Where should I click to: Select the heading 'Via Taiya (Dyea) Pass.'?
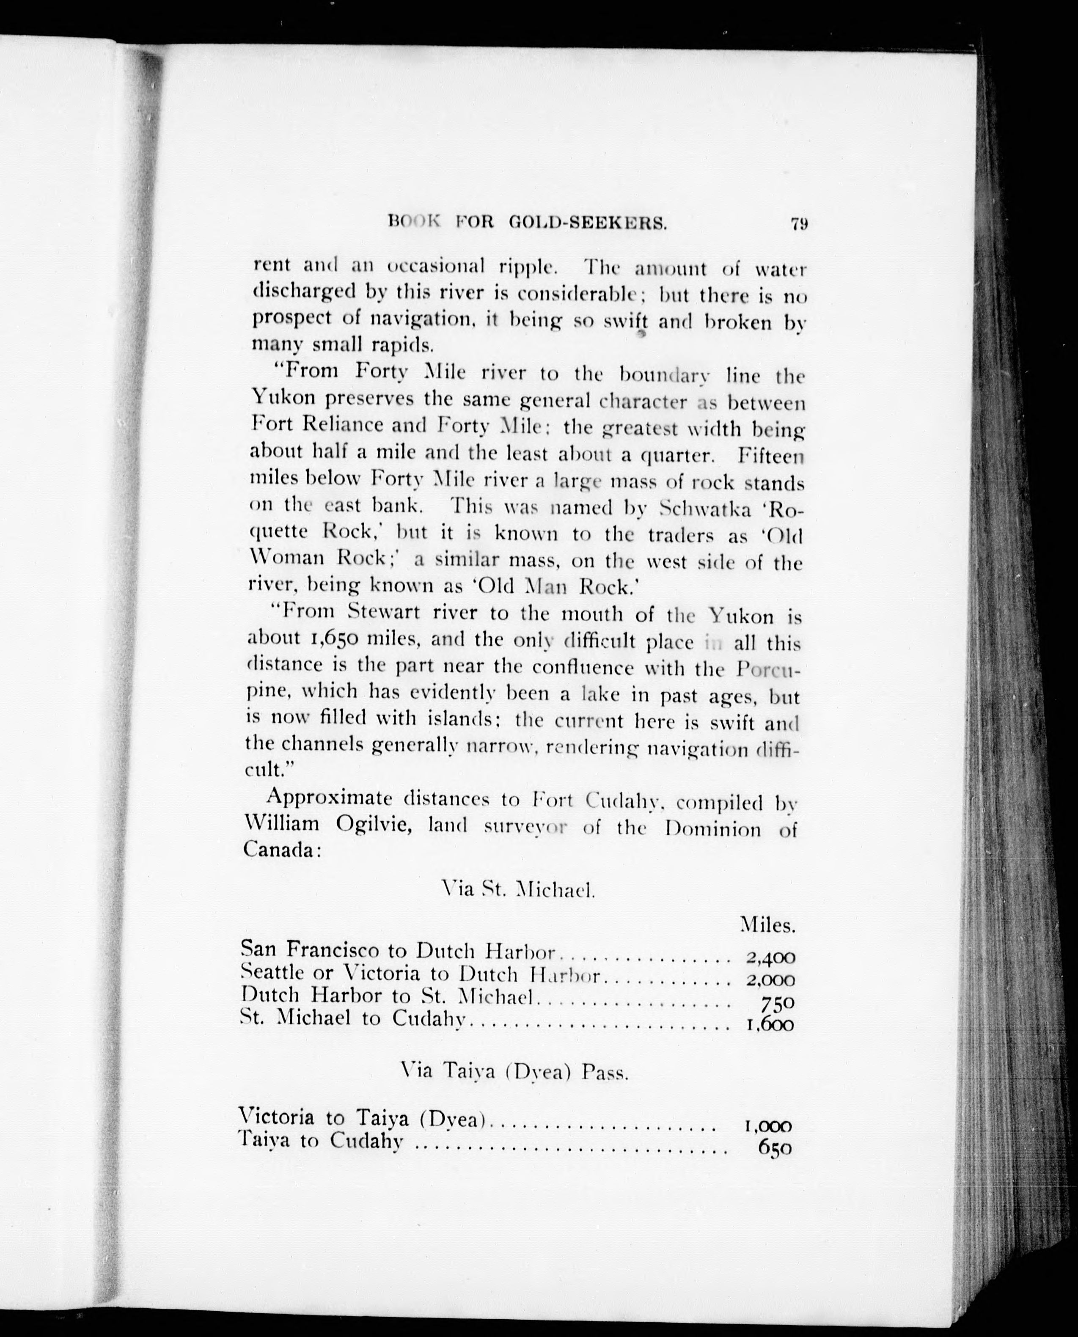pos(515,1072)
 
